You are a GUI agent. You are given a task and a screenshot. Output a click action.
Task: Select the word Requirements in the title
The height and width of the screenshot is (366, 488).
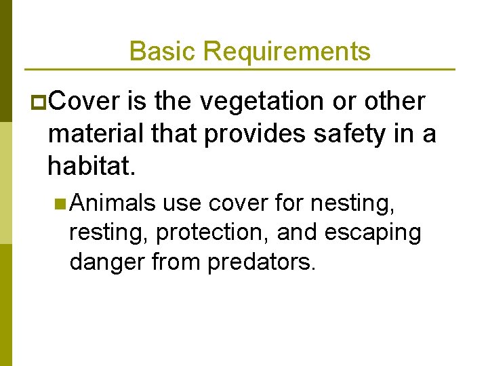(x=287, y=51)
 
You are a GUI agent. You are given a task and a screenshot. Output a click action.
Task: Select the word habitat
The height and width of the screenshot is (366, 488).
(x=92, y=165)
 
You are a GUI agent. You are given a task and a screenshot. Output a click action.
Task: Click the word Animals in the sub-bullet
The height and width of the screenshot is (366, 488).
(x=113, y=201)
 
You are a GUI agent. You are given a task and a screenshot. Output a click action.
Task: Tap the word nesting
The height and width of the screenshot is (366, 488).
(x=353, y=201)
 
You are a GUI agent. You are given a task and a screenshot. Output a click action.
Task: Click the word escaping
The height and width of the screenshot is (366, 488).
(x=373, y=232)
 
